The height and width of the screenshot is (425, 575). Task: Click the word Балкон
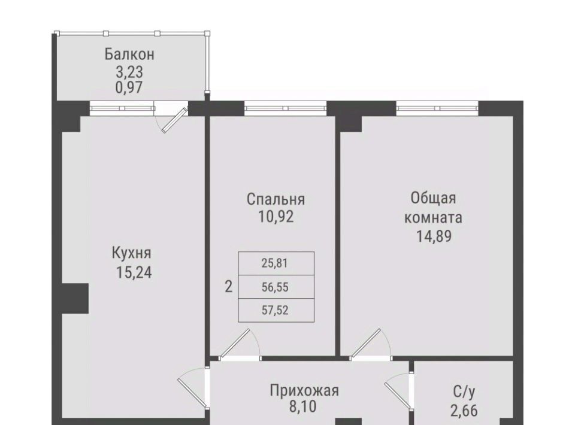tap(129, 54)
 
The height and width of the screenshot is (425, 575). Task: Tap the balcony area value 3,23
tap(129, 72)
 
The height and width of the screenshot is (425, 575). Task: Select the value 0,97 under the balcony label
tap(129, 87)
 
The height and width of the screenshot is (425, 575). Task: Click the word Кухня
tap(131, 253)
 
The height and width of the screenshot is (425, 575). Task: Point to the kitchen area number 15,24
tap(134, 272)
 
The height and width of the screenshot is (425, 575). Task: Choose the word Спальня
tap(276, 199)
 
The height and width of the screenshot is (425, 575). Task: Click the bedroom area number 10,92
tap(276, 217)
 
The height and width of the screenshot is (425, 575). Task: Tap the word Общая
tap(433, 198)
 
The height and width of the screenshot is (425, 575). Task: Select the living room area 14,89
tap(434, 236)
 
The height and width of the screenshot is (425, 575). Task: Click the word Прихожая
tap(304, 390)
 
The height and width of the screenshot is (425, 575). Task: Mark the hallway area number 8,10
tap(302, 407)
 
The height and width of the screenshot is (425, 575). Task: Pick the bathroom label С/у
tap(464, 392)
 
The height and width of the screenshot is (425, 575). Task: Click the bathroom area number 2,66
tap(464, 411)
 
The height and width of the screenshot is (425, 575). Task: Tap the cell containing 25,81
tap(276, 263)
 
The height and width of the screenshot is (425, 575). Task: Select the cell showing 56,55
tap(276, 287)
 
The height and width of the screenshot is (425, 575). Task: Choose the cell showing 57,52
tap(276, 310)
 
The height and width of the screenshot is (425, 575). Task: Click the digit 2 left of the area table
tap(228, 287)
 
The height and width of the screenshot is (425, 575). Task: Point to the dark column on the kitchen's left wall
tap(75, 298)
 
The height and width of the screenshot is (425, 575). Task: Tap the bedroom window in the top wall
tap(285, 108)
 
